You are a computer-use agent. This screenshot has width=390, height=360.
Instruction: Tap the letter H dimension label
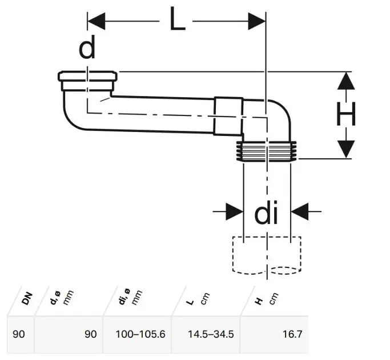[346, 114]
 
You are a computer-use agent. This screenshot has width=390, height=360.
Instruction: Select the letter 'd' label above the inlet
[87, 49]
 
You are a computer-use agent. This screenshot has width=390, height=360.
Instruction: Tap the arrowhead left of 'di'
[234, 211]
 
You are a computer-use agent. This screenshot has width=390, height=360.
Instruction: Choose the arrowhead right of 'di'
[300, 211]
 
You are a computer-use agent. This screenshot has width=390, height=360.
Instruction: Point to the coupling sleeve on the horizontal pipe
[230, 117]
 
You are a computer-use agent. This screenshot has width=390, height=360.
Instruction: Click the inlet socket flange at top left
[89, 75]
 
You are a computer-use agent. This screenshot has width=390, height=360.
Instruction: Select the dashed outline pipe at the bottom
[267, 255]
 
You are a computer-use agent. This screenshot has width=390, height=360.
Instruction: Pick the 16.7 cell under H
[291, 333]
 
